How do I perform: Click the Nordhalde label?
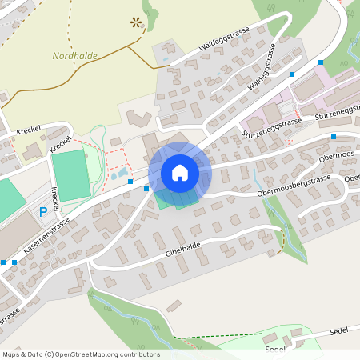click(x=74, y=55)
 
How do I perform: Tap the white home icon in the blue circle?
click(x=180, y=172)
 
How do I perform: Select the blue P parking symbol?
click(x=43, y=212)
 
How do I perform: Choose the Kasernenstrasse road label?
click(x=46, y=238)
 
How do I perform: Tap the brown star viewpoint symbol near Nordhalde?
click(x=136, y=22)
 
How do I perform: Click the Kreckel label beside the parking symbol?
click(x=56, y=200)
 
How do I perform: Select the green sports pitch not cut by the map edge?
click(x=70, y=175)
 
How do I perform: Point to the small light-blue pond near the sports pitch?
click(x=120, y=173)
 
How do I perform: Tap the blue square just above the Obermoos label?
click(x=333, y=137)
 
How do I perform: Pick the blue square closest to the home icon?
click(x=146, y=189)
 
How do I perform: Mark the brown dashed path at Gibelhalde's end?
click(x=282, y=239)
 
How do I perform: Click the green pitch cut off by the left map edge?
click(x=8, y=199)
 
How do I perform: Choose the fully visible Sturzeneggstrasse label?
click(x=272, y=126)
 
